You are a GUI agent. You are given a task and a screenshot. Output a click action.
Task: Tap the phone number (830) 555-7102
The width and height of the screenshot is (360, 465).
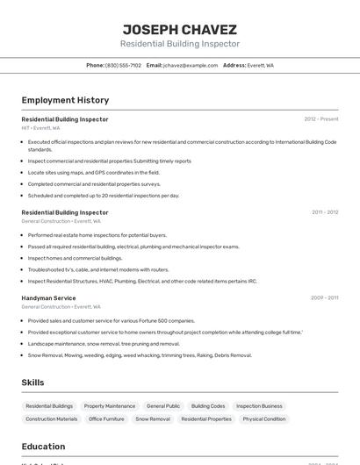pyautogui.click(x=123, y=65)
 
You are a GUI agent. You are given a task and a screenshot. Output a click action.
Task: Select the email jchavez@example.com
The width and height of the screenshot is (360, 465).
pyautogui.click(x=190, y=65)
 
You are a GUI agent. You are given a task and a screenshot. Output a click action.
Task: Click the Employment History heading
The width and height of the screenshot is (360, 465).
pyautogui.click(x=65, y=100)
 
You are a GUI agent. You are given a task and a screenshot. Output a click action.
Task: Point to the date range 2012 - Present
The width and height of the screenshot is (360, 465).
pyautogui.click(x=320, y=119)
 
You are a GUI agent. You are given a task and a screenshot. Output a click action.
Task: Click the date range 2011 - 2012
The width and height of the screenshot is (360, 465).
pyautogui.click(x=324, y=212)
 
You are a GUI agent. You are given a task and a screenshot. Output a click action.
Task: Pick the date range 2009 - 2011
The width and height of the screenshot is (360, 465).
pyautogui.click(x=324, y=298)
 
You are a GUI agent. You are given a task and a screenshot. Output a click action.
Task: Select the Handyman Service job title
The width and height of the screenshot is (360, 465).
pyautogui.click(x=48, y=298)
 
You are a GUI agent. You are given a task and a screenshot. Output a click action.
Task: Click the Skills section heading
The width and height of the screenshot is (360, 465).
pyautogui.click(x=32, y=383)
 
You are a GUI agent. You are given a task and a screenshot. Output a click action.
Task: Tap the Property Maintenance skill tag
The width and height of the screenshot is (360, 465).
pyautogui.click(x=110, y=406)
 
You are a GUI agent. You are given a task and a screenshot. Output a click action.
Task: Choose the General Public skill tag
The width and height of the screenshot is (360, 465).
pyautogui.click(x=163, y=406)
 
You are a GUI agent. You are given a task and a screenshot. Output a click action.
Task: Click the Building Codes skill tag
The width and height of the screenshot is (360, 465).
pyautogui.click(x=208, y=406)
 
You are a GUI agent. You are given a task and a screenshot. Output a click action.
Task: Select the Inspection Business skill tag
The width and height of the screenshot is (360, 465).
pyautogui.click(x=259, y=406)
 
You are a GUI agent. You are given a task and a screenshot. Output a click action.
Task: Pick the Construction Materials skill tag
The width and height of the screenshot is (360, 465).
pyautogui.click(x=51, y=419)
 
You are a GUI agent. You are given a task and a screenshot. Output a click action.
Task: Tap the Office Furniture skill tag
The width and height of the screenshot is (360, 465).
pyautogui.click(x=106, y=419)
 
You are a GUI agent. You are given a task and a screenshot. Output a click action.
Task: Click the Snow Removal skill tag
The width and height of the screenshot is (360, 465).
pyautogui.click(x=153, y=419)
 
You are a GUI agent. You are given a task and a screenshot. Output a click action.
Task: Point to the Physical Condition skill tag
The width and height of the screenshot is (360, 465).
pyautogui.click(x=263, y=419)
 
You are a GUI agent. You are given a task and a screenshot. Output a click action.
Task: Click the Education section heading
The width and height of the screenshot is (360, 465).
pyautogui.click(x=43, y=447)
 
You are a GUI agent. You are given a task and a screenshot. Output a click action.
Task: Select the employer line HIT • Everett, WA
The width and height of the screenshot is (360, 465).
pyautogui.click(x=40, y=128)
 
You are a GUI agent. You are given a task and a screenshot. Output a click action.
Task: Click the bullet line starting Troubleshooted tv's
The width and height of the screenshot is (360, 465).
pyautogui.click(x=98, y=269)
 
